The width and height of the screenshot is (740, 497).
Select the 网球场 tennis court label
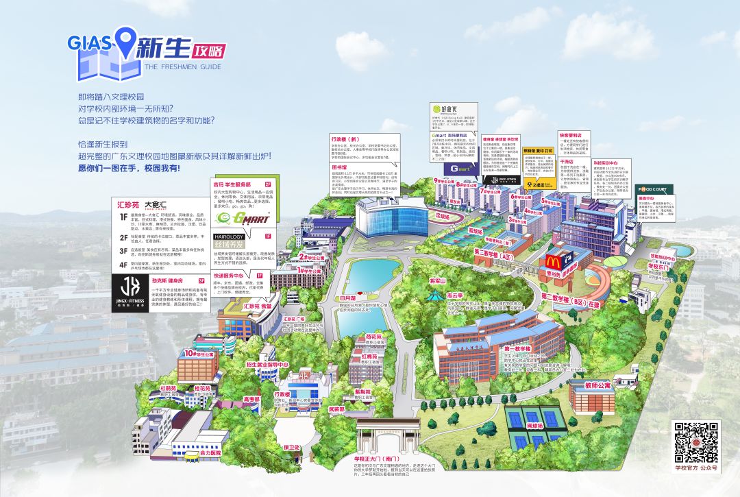point(534,426)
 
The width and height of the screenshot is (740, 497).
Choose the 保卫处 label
point(292,447)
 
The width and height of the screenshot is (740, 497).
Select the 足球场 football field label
point(443,216)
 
